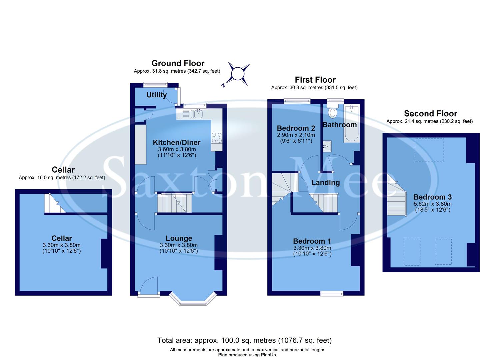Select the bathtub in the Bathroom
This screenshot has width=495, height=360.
352,124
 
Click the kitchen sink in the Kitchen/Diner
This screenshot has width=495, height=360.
194,114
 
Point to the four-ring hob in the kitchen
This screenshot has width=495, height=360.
217,137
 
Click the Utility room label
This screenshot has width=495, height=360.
156,95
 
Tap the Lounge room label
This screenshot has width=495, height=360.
179,238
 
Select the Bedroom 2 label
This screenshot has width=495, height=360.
296,128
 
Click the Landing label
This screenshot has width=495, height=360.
325,183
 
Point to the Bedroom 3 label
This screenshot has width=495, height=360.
432,197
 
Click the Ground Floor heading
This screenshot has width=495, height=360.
178,63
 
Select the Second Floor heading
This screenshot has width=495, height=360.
430,114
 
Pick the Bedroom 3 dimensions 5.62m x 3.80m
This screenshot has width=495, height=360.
432,204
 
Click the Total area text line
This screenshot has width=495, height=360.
244,340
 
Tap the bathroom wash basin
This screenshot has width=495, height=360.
327,146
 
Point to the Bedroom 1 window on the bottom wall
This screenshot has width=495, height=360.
332,293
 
